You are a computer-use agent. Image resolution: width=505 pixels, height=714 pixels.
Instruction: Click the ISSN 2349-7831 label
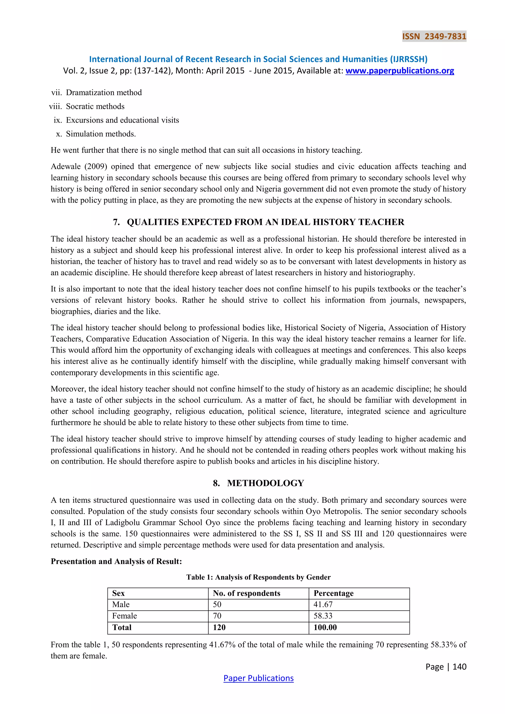(x=434, y=36)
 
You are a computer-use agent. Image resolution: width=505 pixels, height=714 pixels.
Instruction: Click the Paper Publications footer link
(x=258, y=678)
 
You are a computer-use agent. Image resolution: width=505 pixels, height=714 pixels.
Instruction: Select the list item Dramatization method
(x=104, y=92)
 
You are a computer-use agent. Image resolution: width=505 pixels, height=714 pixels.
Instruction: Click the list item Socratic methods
(x=95, y=106)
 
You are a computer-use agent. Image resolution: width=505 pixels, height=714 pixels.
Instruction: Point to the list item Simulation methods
(x=101, y=134)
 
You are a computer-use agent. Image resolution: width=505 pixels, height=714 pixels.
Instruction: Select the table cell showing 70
(x=217, y=616)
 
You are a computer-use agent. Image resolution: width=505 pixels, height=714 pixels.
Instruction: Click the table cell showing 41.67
(x=323, y=604)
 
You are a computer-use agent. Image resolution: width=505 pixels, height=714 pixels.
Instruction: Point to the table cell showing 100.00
(x=325, y=627)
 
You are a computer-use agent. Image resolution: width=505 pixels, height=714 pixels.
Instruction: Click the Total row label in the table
(x=122, y=627)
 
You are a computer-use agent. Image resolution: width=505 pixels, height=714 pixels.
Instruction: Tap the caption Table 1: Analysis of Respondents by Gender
(x=258, y=577)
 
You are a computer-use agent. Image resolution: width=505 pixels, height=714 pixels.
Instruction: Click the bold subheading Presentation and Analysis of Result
(x=116, y=561)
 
